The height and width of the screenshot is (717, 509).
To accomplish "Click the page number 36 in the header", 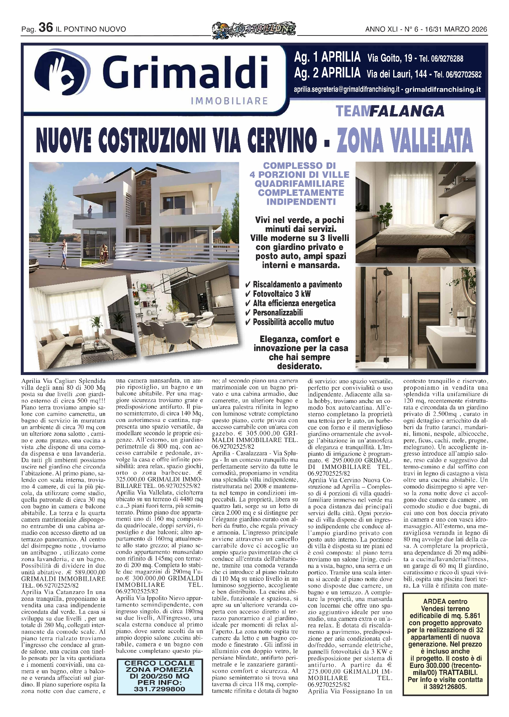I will pos(46,28).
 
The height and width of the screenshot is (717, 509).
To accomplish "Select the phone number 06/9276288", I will pos(448,58).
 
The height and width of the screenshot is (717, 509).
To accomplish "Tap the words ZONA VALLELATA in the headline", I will pos(405,141).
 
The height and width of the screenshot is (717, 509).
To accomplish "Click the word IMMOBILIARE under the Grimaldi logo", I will pos(229,101).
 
